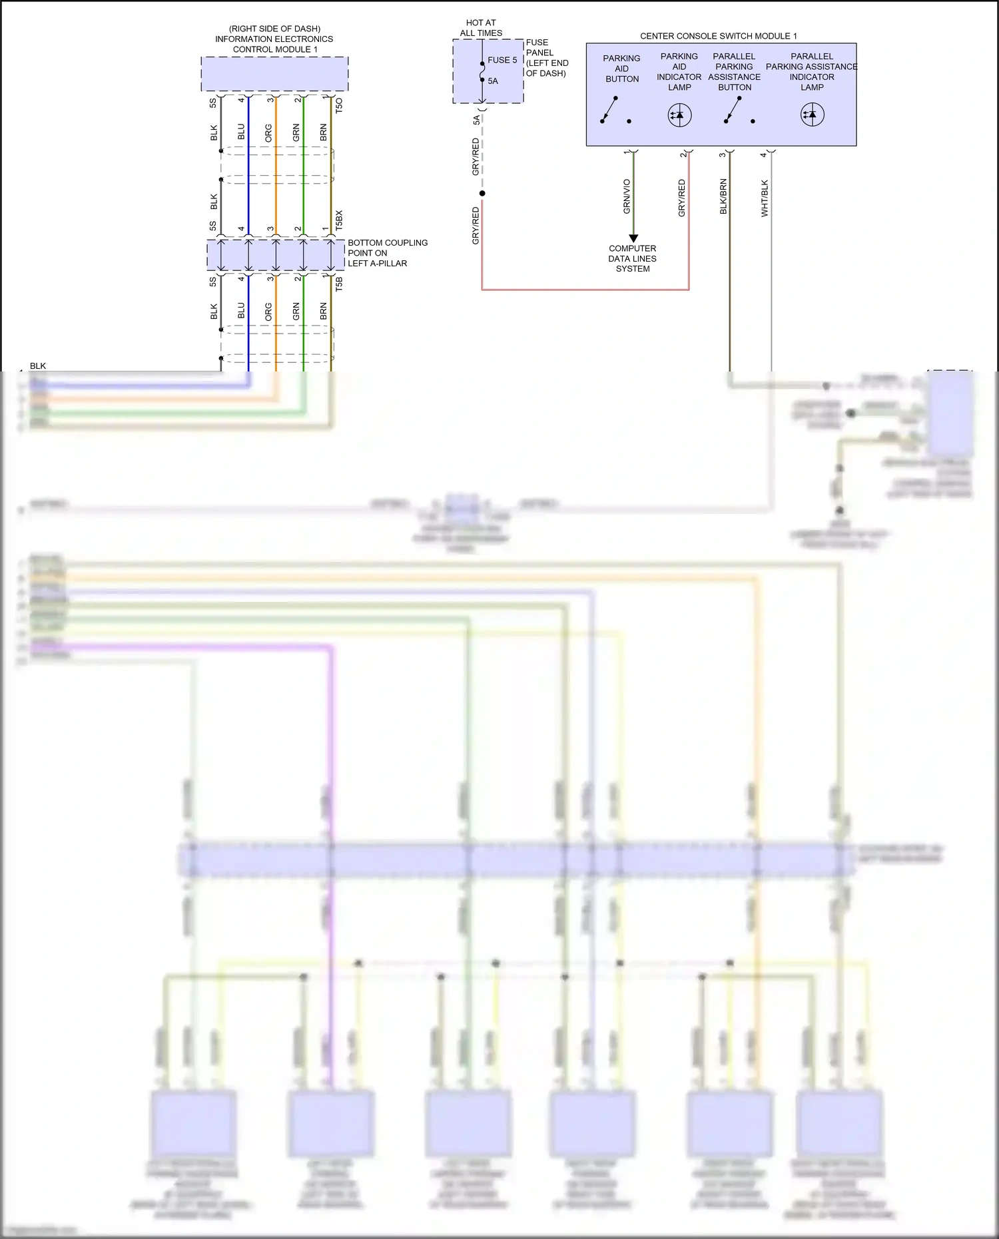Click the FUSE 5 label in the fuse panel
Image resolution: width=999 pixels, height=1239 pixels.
click(x=502, y=60)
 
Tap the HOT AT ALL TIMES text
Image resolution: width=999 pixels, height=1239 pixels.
click(x=481, y=27)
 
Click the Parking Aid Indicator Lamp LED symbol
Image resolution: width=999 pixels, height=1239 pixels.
click(x=679, y=115)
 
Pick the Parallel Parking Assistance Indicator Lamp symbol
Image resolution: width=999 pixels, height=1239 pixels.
click(x=812, y=115)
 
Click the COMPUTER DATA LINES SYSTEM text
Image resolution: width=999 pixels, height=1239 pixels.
click(x=632, y=258)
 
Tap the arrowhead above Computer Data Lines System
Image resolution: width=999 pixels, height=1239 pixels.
click(x=633, y=238)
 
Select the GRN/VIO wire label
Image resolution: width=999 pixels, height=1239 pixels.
click(x=627, y=196)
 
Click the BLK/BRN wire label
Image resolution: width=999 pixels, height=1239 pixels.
click(x=723, y=196)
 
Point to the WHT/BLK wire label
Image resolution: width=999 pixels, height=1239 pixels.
click(x=765, y=198)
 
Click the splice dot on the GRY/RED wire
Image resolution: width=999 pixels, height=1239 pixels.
click(x=482, y=193)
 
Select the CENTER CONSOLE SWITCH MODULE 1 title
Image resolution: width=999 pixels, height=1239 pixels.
click(x=718, y=36)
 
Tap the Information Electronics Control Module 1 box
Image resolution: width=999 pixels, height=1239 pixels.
click(x=274, y=73)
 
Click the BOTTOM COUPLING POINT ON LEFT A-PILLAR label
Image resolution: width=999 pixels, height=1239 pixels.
click(x=387, y=253)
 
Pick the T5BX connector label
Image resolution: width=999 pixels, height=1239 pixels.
click(x=338, y=220)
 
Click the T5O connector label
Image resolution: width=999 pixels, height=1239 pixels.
click(x=338, y=105)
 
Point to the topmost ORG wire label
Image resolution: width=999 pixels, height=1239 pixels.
click(x=268, y=132)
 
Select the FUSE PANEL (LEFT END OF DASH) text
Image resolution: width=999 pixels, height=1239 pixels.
click(x=547, y=58)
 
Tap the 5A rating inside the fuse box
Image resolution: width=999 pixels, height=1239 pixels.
click(x=493, y=81)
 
